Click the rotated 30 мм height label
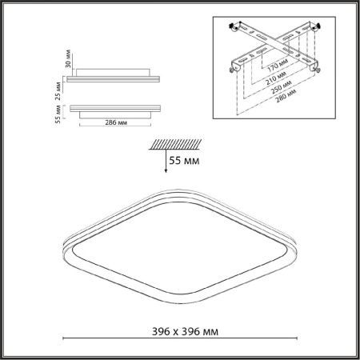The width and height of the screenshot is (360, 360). [x=68, y=58]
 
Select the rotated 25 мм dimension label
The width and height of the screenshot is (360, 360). [x=58, y=90]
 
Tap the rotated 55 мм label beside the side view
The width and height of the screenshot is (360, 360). [x=58, y=114]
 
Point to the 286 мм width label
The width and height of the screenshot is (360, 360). [x=116, y=122]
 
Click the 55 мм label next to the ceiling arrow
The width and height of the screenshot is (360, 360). [x=184, y=161]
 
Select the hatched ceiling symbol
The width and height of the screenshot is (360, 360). [x=175, y=144]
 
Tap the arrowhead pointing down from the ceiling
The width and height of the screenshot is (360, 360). [x=166, y=170]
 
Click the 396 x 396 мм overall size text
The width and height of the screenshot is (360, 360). [x=185, y=331]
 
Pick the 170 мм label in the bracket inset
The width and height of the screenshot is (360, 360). [x=278, y=66]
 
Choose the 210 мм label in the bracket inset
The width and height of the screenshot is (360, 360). [x=276, y=78]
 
